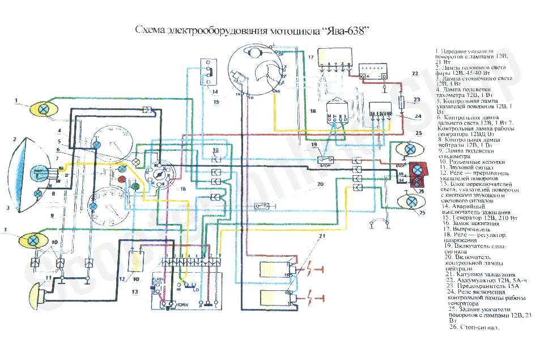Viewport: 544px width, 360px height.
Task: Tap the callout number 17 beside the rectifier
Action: coord(311,57)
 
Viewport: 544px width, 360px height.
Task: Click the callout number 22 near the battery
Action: coord(415,74)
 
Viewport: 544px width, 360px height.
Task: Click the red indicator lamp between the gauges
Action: coord(121,179)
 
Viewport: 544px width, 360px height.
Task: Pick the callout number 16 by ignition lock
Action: coord(182,188)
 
